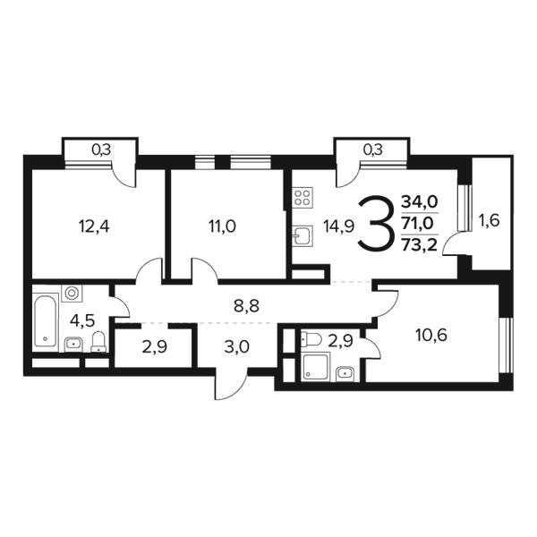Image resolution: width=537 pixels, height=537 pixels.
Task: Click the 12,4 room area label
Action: pos(94,226)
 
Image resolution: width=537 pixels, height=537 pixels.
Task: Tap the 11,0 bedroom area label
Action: pos(222,226)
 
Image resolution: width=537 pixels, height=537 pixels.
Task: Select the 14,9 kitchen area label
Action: pos(338,226)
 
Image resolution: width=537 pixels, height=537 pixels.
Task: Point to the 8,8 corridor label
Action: pos(247,305)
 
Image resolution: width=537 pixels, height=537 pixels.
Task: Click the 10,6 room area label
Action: pos(431,336)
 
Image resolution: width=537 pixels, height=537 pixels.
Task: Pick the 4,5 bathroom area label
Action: pos(82,321)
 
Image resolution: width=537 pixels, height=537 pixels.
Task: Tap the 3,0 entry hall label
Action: pos(236,347)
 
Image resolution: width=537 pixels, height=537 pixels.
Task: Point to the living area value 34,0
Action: pos(420,202)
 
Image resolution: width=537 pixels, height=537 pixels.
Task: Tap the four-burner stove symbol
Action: pos(303,198)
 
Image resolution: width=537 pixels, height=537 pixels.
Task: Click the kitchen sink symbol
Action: pos(303,235)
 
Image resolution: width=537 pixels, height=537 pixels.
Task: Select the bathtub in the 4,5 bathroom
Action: pos(46,320)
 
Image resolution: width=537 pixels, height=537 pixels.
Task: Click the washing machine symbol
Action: pos(72,294)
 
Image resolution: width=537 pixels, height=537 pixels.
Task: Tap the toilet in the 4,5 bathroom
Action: pos(98,342)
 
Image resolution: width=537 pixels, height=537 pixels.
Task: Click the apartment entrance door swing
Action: pos(230,384)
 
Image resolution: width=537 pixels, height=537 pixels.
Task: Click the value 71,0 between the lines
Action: pos(419,224)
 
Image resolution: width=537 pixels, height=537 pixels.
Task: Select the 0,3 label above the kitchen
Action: pos(373,149)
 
